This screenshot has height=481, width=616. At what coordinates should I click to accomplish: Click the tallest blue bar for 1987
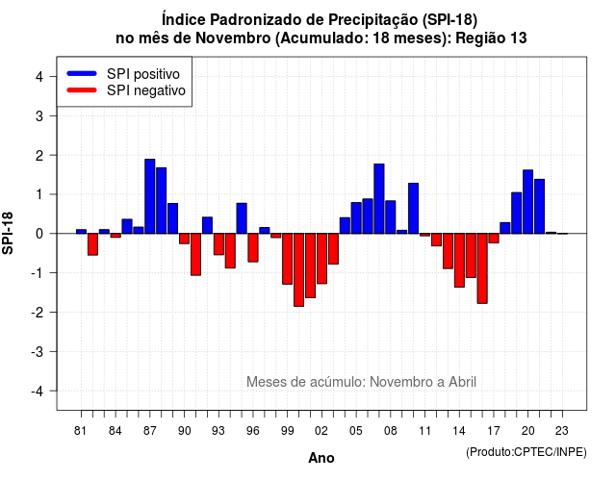pos(150,196)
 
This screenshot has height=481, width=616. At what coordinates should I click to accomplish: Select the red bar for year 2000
pos(299,269)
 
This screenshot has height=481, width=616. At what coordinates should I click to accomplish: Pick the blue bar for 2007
pos(379,199)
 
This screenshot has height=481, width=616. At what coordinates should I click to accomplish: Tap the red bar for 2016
pos(482,268)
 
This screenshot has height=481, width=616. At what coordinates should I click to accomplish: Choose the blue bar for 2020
pos(528,202)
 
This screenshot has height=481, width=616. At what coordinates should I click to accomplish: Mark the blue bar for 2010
pos(413,208)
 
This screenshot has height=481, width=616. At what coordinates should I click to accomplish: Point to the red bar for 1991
pos(195,254)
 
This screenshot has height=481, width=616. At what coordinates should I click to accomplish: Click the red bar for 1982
pos(92,244)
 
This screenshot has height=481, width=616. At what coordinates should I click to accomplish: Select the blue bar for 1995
pos(242,218)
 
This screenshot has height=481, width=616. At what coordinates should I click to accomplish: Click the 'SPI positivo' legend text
pos(143,74)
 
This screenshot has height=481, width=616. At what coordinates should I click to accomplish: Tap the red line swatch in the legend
pos(82,90)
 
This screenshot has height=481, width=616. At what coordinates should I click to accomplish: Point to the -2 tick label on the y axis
pos(38,312)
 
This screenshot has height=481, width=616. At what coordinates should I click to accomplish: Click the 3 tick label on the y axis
pos(39,115)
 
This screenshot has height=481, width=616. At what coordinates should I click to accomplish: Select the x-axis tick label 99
pos(287,431)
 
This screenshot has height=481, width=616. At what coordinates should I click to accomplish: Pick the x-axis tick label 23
pos(562,431)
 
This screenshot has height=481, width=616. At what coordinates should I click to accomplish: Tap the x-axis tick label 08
pos(391,431)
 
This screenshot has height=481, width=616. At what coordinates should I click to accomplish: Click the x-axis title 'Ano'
pos(321,458)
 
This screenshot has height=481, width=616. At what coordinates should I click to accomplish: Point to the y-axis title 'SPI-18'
pos(8,233)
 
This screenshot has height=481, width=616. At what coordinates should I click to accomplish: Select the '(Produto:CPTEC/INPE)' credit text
pos(526,452)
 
